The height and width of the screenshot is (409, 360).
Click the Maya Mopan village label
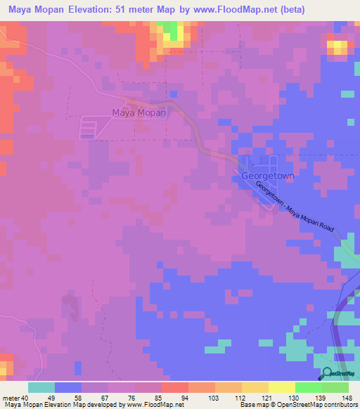(139, 112)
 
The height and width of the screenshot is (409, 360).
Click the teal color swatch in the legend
(41, 387)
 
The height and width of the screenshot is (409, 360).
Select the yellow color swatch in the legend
(282, 387)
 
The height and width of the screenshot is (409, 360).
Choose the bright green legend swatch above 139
(309, 387)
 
